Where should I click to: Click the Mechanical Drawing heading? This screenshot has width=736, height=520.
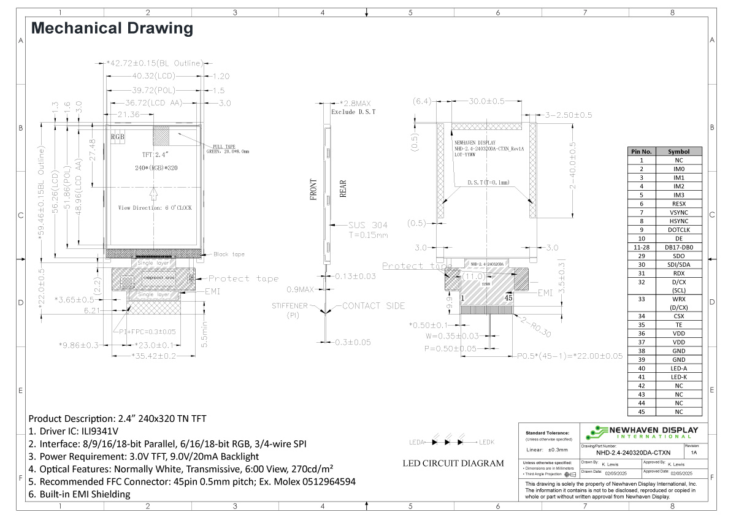pyautogui.click(x=112, y=28)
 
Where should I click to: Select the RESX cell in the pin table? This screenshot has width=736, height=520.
pyautogui.click(x=679, y=204)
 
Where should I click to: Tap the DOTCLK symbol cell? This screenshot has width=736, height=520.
pyautogui.click(x=679, y=230)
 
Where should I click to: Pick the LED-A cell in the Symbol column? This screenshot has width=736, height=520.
pyautogui.click(x=679, y=368)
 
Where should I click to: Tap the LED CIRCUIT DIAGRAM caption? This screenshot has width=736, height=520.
pyautogui.click(x=453, y=463)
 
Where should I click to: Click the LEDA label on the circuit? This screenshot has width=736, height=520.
pyautogui.click(x=417, y=442)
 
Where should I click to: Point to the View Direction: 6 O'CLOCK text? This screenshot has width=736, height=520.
pyautogui.click(x=155, y=208)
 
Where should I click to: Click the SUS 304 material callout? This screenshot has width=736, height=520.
pyautogui.click(x=367, y=225)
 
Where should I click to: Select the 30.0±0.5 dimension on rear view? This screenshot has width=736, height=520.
pyautogui.click(x=486, y=101)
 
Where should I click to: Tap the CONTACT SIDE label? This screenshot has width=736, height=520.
pyautogui.click(x=369, y=305)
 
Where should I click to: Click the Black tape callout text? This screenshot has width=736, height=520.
pyautogui.click(x=229, y=254)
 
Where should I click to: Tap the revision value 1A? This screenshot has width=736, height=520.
pyautogui.click(x=694, y=452)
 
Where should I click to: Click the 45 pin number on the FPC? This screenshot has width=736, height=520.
pyautogui.click(x=508, y=297)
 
